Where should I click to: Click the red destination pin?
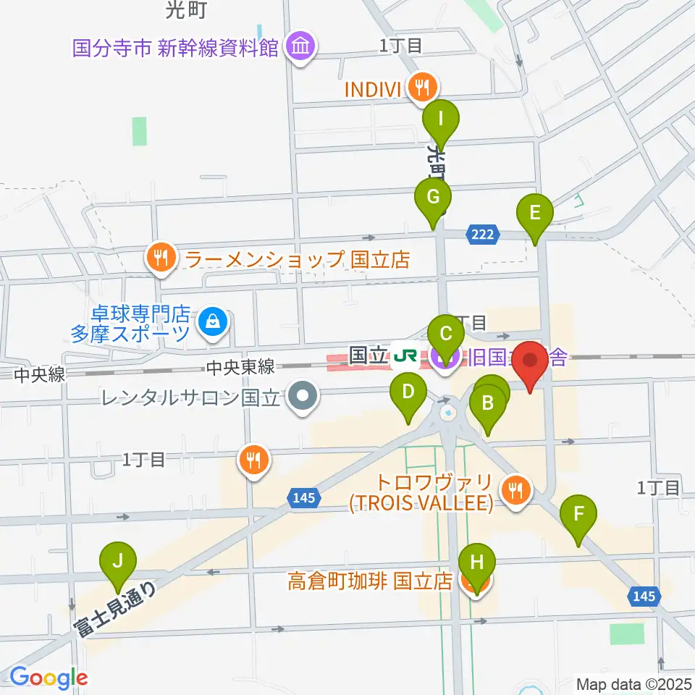531,362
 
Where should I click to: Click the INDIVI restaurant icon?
421,88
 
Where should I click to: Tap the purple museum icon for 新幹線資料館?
300,49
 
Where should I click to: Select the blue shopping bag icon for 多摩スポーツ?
212,320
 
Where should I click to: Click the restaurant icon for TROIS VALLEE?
517,492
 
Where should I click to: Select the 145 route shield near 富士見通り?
304,497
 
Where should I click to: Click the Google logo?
48,678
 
